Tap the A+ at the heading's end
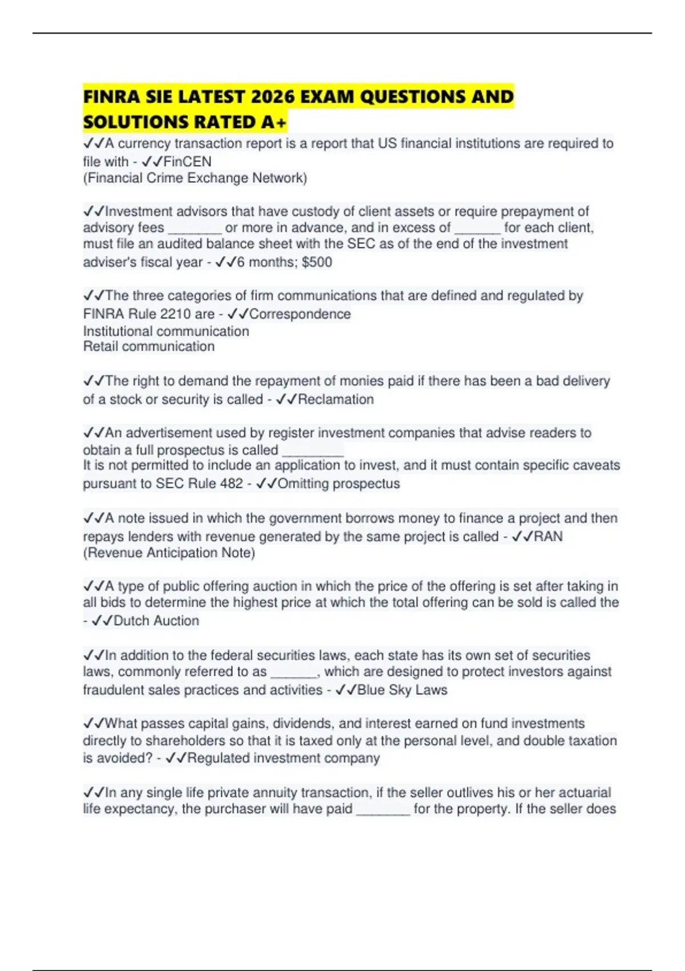click(x=274, y=122)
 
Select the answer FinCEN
click(x=187, y=162)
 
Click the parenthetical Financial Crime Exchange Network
click(x=195, y=178)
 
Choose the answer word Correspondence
click(x=300, y=314)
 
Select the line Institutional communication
click(x=166, y=331)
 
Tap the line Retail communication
click(x=149, y=347)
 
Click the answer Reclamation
click(x=336, y=399)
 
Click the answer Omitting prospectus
click(x=339, y=484)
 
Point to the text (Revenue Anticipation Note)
click(x=169, y=553)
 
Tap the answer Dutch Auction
click(x=156, y=621)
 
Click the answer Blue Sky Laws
click(x=402, y=690)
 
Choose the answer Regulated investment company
click(x=283, y=758)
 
